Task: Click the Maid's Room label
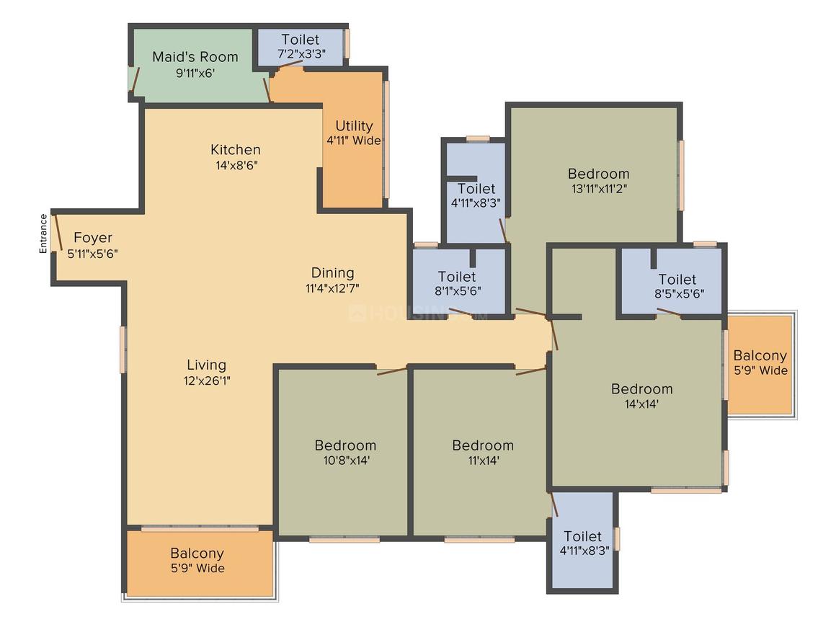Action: (195, 56)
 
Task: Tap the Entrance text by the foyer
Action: (43, 234)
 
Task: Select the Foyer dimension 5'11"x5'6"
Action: (93, 254)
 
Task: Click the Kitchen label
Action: (236, 149)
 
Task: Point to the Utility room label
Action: (354, 126)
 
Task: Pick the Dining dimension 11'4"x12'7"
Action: (333, 288)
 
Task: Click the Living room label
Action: (206, 365)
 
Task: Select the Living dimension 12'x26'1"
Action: (207, 381)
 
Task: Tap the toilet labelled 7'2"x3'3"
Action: (301, 47)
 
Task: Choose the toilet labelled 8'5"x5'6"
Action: (671, 281)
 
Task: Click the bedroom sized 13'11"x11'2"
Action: (595, 176)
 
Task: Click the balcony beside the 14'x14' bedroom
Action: (760, 365)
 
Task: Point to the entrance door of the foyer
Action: (57, 233)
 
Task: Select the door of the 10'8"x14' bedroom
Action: (392, 370)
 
